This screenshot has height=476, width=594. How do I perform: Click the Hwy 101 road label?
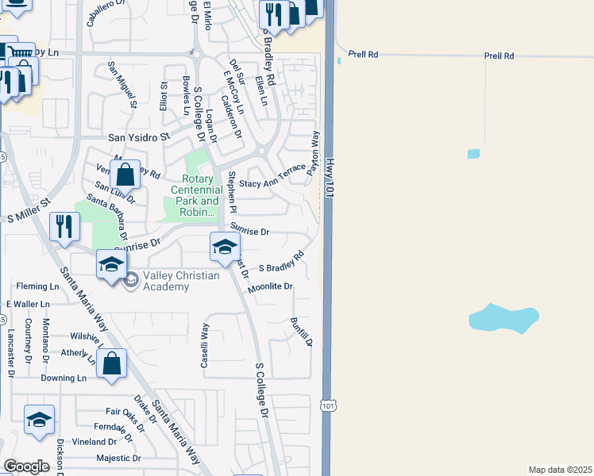coord(330,175)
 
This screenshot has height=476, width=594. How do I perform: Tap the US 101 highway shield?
coord(330,405)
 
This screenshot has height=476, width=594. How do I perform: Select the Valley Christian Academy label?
coord(166,282)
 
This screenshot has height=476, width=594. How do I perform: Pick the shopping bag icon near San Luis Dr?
coord(125,174)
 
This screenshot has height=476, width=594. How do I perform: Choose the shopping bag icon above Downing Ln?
coord(112,364)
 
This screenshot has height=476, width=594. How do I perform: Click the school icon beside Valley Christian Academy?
coord(111,265)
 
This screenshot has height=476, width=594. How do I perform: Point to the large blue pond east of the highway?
coord(503,318)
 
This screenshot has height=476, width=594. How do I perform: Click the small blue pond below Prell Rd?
coord(473,153)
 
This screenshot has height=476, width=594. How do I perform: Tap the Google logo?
coord(26,466)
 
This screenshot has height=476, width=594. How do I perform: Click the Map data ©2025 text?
coord(560,470)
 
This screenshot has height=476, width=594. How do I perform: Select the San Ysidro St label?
coord(139,137)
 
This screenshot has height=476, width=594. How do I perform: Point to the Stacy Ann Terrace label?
coord(272,178)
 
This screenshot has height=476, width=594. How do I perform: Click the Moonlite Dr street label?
coord(270,286)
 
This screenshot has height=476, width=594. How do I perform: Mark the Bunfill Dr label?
coord(301,332)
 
